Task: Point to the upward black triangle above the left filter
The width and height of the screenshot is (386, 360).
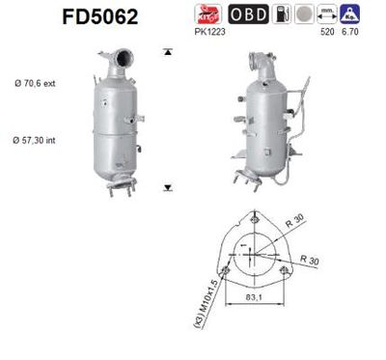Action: click(168, 50)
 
